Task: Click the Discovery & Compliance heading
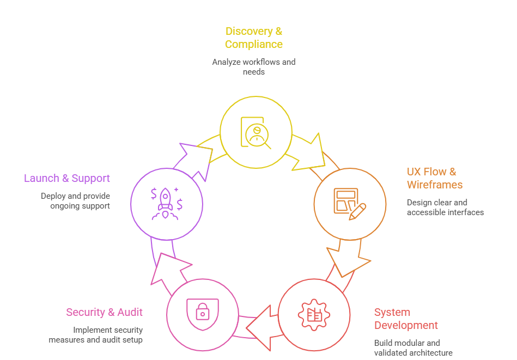click(254, 38)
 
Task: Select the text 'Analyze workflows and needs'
click(254, 66)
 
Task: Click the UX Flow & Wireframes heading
click(434, 178)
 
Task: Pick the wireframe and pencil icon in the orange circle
click(349, 204)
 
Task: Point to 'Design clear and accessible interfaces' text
click(445, 207)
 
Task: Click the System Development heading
click(405, 319)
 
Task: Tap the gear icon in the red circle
click(314, 314)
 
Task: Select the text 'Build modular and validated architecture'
click(413, 347)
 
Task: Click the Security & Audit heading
click(104, 312)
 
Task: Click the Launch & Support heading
click(67, 178)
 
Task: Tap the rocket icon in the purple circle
click(167, 203)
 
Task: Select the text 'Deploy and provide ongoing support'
click(76, 200)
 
